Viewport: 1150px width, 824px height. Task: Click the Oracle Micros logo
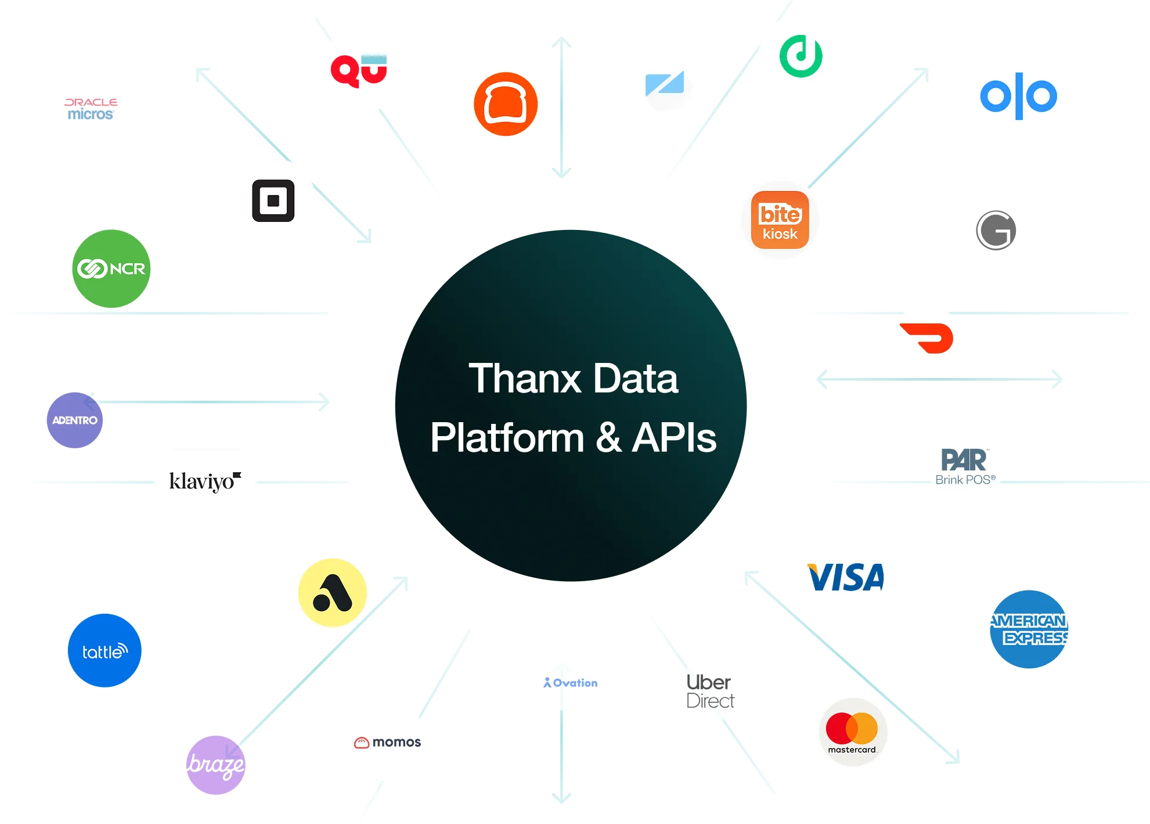[91, 109]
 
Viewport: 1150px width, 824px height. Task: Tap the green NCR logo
[111, 268]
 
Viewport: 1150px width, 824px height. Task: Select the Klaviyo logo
[206, 481]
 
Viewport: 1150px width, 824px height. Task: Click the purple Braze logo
[215, 765]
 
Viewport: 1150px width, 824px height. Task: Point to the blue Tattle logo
[104, 651]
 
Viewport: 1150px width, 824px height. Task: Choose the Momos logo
[387, 742]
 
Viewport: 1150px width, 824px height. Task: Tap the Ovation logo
[571, 683]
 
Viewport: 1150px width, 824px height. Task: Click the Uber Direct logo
[710, 691]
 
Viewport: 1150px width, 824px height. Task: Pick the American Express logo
[1029, 629]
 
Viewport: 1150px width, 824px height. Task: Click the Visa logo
[846, 578]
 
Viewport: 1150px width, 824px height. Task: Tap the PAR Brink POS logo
[965, 466]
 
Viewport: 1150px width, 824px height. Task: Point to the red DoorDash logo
[927, 337]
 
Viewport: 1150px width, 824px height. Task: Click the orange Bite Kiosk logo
[780, 221]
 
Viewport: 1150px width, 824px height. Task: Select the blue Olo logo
[1019, 96]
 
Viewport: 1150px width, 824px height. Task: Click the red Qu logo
[359, 71]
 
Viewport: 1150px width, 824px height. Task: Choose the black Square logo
[273, 201]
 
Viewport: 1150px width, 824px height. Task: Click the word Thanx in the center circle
[525, 379]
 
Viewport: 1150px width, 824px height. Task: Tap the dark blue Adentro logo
[75, 420]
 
